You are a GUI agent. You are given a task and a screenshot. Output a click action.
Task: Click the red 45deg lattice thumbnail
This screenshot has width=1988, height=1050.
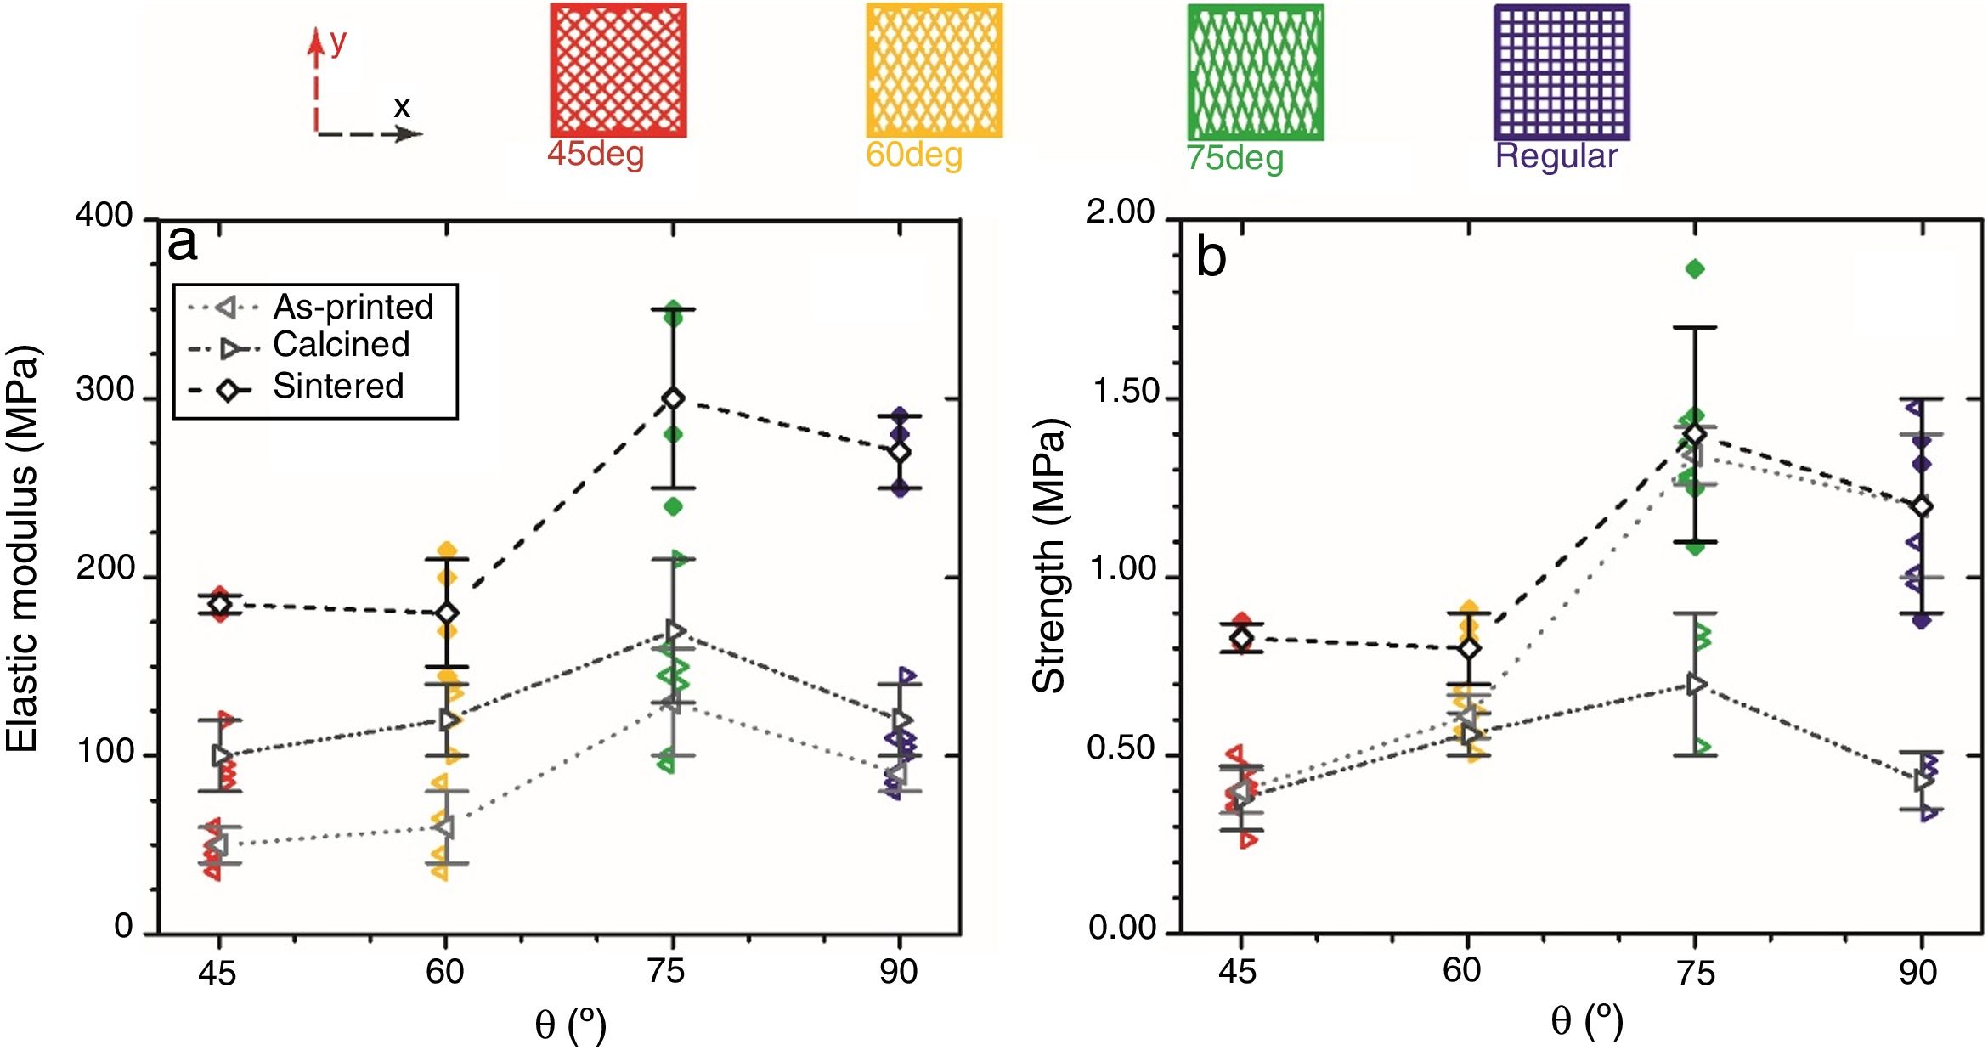[x=618, y=70]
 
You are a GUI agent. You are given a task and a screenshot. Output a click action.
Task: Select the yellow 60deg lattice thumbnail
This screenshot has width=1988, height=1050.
[x=934, y=70]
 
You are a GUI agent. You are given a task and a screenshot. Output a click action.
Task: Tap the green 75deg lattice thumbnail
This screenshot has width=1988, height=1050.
[x=1255, y=71]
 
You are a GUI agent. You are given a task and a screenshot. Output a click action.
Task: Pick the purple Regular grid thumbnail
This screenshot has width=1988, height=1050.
[x=1562, y=71]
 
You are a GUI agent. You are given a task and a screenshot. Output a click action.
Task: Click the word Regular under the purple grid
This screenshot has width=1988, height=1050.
[x=1556, y=156]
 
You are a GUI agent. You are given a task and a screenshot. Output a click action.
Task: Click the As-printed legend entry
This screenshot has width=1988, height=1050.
[x=353, y=307]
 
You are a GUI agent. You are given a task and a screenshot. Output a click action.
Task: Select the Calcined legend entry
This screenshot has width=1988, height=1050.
[x=341, y=345]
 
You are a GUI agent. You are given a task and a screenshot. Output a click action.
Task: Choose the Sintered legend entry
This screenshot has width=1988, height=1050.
[x=337, y=387]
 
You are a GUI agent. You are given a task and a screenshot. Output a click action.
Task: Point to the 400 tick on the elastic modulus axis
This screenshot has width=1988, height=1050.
[x=104, y=215]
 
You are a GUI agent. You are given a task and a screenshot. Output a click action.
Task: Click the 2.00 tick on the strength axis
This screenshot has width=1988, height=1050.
[x=1121, y=212]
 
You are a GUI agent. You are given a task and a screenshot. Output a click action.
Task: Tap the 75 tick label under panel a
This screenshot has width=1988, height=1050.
[x=665, y=971]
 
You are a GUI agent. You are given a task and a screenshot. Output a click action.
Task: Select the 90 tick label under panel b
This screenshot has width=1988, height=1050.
[x=1917, y=972]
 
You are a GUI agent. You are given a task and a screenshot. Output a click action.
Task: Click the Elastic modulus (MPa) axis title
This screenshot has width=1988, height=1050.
[x=23, y=548]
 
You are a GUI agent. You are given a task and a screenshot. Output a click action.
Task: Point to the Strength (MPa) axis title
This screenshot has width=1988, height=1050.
[x=1048, y=556]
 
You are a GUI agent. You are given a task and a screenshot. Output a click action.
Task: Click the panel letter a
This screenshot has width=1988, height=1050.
[x=183, y=243]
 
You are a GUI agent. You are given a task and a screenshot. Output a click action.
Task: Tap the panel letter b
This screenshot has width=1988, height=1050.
[x=1211, y=257]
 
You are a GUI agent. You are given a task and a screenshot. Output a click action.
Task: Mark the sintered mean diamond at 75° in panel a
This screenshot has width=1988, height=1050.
[x=673, y=398]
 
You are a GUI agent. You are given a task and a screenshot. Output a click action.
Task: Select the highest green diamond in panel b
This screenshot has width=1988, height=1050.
[x=1695, y=269]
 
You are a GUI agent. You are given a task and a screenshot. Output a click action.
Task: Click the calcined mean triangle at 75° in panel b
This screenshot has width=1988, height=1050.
[x=1695, y=684]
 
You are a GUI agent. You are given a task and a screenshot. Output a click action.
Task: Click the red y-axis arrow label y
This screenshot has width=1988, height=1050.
[x=338, y=41]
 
